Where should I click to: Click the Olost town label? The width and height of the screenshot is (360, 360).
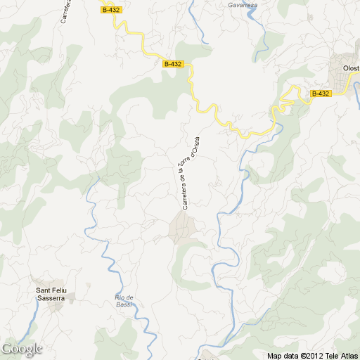(350, 68)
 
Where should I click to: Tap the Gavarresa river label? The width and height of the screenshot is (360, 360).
(243, 5)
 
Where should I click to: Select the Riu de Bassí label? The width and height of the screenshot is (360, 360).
(124, 300)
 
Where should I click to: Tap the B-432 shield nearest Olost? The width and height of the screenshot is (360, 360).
(320, 94)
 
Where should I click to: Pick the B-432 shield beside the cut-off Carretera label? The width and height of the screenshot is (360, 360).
(111, 10)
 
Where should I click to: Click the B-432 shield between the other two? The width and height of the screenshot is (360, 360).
(172, 64)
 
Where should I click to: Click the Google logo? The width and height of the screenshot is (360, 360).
(22, 349)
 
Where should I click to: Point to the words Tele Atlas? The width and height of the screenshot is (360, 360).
(340, 356)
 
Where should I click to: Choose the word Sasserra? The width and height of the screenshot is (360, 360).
(50, 298)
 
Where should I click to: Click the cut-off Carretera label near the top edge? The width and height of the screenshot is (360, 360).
(64, 11)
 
